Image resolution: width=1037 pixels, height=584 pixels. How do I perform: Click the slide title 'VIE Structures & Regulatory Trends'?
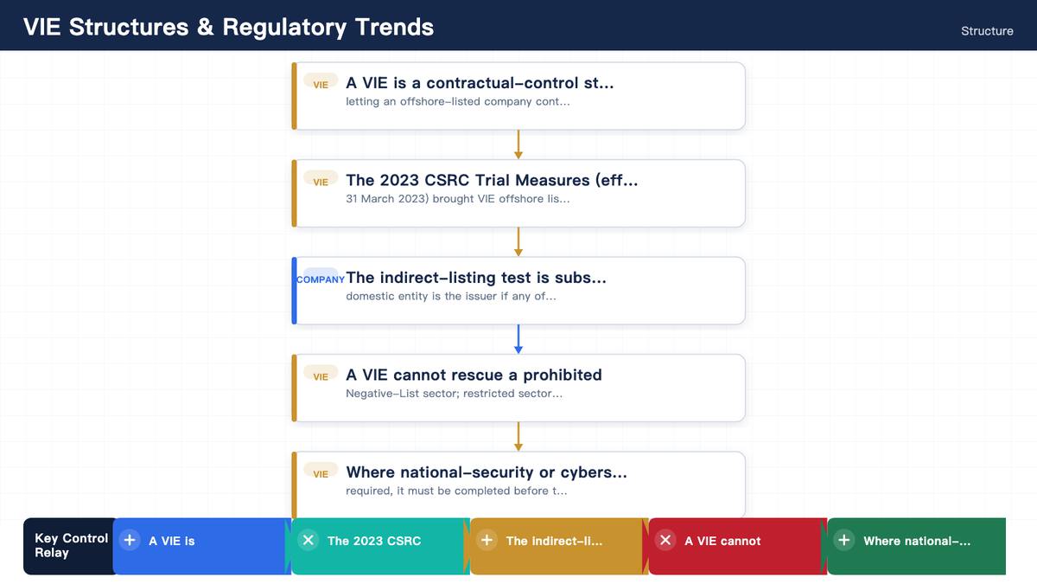tap(229, 27)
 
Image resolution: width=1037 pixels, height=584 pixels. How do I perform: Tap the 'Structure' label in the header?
tap(987, 31)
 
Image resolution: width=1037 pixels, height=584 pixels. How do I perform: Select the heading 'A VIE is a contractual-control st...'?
tap(480, 83)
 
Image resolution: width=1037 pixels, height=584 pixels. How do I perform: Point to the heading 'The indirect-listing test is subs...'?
tap(476, 277)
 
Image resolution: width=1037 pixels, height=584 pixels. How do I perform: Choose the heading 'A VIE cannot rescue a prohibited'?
tap(474, 375)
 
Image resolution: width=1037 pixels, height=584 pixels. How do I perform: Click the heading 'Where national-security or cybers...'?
tap(486, 472)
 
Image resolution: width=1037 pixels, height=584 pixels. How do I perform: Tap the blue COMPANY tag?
tap(321, 279)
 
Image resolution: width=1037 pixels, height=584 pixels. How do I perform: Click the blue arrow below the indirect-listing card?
tap(518, 339)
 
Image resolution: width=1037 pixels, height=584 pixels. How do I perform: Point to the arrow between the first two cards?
tap(518, 144)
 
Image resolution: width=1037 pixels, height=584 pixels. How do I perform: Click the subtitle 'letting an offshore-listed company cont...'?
tap(458, 101)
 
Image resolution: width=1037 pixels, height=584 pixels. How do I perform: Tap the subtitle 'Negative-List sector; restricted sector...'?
tap(455, 394)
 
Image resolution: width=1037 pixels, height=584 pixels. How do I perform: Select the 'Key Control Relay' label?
tap(71, 545)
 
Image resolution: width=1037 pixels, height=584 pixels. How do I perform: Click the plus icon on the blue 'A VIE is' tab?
tap(130, 540)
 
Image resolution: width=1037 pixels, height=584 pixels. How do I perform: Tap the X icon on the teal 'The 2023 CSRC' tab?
tap(309, 540)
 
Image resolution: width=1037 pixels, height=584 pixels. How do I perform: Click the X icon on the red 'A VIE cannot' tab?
tap(665, 540)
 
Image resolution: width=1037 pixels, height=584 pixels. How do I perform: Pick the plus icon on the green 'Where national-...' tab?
tap(844, 540)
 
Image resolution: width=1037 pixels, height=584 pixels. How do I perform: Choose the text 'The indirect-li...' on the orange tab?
tap(554, 541)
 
